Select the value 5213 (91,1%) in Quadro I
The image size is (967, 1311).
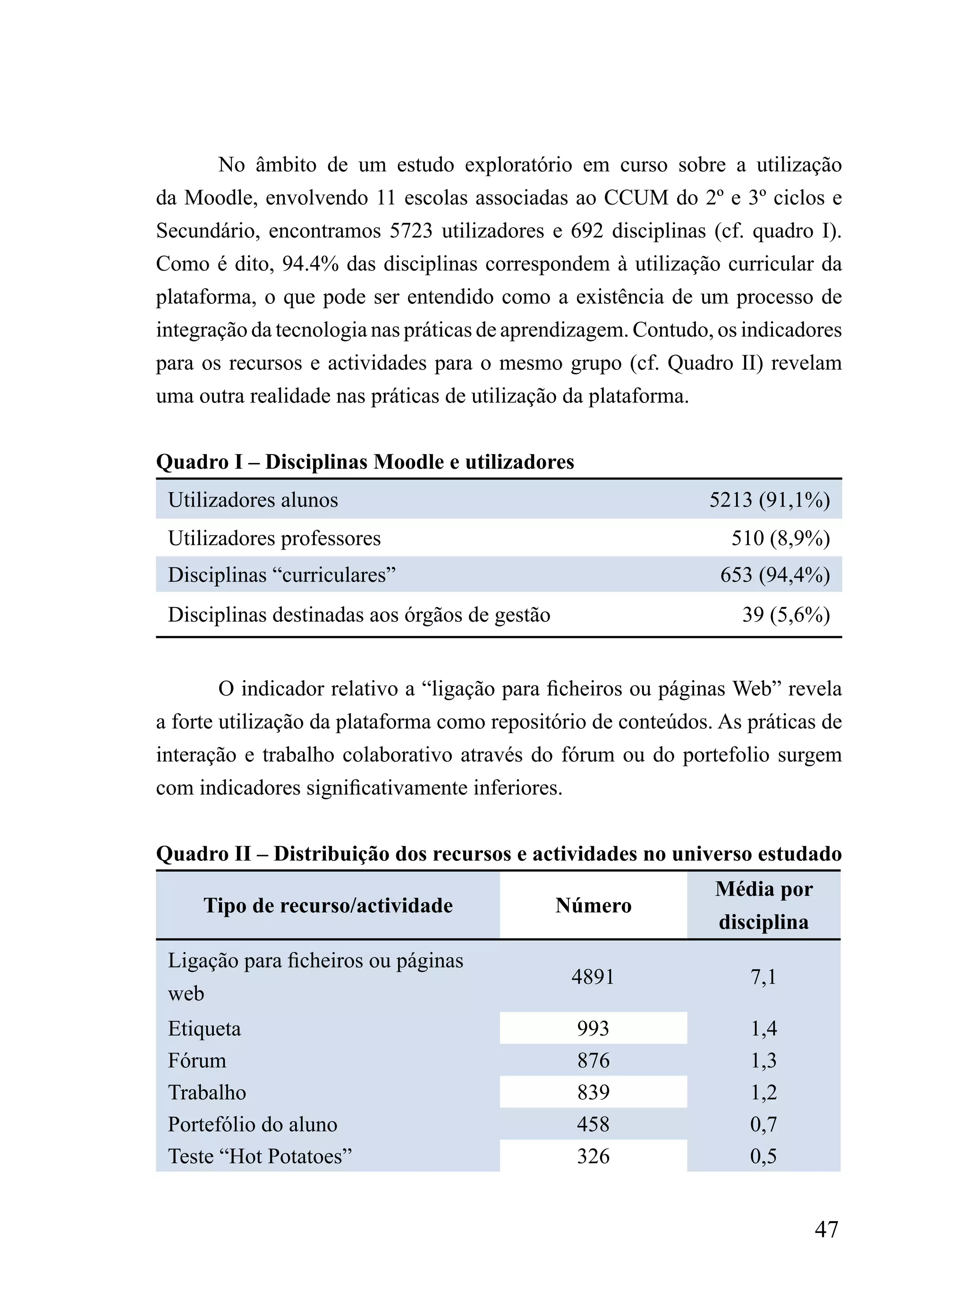pyautogui.click(x=769, y=499)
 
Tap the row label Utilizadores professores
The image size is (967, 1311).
pyautogui.click(x=274, y=538)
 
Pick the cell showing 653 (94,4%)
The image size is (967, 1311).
pyautogui.click(x=774, y=574)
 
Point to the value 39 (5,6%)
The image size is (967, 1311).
pyautogui.click(x=786, y=614)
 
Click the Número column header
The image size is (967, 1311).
pyautogui.click(x=593, y=905)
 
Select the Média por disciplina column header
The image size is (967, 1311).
pyautogui.click(x=763, y=905)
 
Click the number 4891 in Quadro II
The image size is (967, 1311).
pyautogui.click(x=593, y=977)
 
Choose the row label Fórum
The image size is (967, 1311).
pyautogui.click(x=197, y=1061)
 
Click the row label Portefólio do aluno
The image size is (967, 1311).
pyautogui.click(x=252, y=1124)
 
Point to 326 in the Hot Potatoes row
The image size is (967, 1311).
pyautogui.click(x=593, y=1156)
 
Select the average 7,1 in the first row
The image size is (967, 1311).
pyautogui.click(x=763, y=977)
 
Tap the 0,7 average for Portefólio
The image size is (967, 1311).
pyautogui.click(x=763, y=1124)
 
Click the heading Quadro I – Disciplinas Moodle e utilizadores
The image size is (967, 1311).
pyautogui.click(x=365, y=462)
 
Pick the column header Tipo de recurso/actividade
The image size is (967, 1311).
pyautogui.click(x=328, y=905)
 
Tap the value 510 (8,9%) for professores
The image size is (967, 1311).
pyautogui.click(x=780, y=538)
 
